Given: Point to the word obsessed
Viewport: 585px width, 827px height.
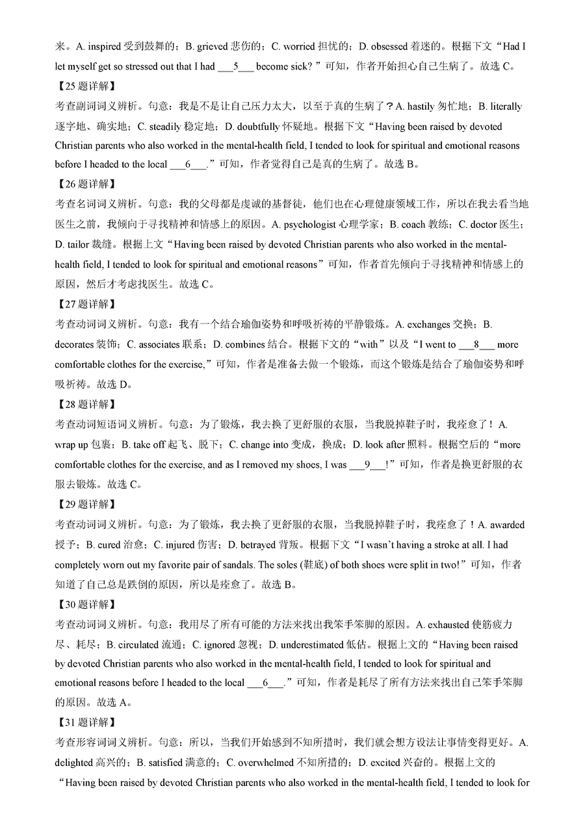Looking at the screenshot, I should [389, 46].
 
